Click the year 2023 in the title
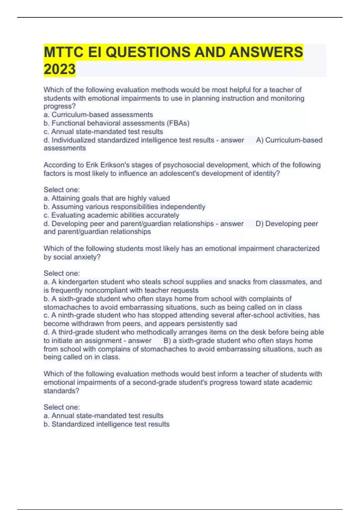tap(59, 69)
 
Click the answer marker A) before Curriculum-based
tap(260, 140)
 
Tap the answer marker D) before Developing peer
tap(259, 224)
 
